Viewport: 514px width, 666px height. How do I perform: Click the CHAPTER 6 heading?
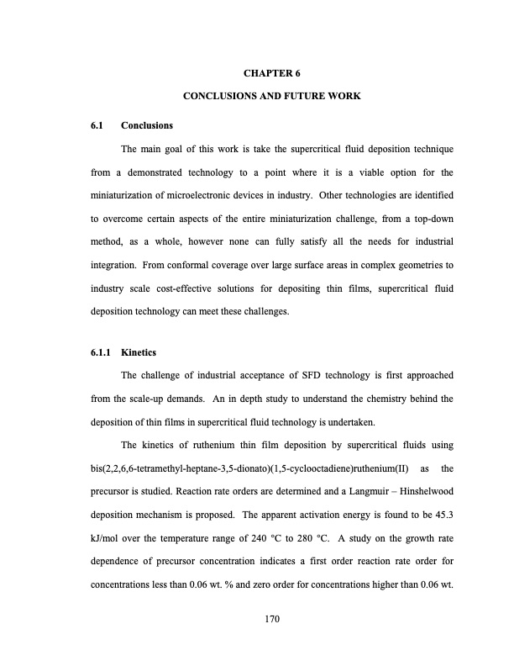click(272, 74)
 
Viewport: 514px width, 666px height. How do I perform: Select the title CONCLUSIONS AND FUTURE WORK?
click(272, 97)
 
